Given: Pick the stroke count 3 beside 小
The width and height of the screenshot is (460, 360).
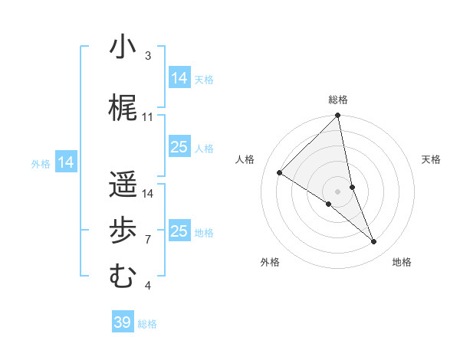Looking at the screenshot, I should click(x=147, y=56).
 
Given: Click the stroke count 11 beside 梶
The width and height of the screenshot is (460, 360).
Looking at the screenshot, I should click(x=148, y=117).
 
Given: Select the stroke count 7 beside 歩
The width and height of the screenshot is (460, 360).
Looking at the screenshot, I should click(x=147, y=240).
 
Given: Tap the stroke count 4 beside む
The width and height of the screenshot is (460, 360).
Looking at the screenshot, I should click(x=147, y=286).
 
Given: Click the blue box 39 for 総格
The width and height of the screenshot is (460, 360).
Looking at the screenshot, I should click(x=122, y=322).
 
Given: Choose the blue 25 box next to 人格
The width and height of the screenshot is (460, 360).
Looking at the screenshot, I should click(x=179, y=147).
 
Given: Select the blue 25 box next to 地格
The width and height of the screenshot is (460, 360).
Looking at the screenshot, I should click(x=179, y=231).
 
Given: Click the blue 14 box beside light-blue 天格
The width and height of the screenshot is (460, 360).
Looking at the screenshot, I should click(x=179, y=78).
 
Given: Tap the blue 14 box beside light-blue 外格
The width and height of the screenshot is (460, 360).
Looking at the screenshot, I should click(x=66, y=162).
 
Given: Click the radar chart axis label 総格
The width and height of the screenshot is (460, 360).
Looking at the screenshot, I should click(x=338, y=100).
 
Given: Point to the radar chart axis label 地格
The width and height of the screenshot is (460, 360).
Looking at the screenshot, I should click(x=402, y=263).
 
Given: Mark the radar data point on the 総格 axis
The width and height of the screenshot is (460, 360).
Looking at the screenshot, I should click(x=338, y=116).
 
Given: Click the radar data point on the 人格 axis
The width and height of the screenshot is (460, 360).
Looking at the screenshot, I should click(x=280, y=173).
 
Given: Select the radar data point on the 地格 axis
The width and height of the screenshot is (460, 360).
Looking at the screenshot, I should click(x=374, y=242).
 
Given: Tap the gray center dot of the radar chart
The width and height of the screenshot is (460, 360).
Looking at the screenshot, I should click(x=338, y=191).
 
